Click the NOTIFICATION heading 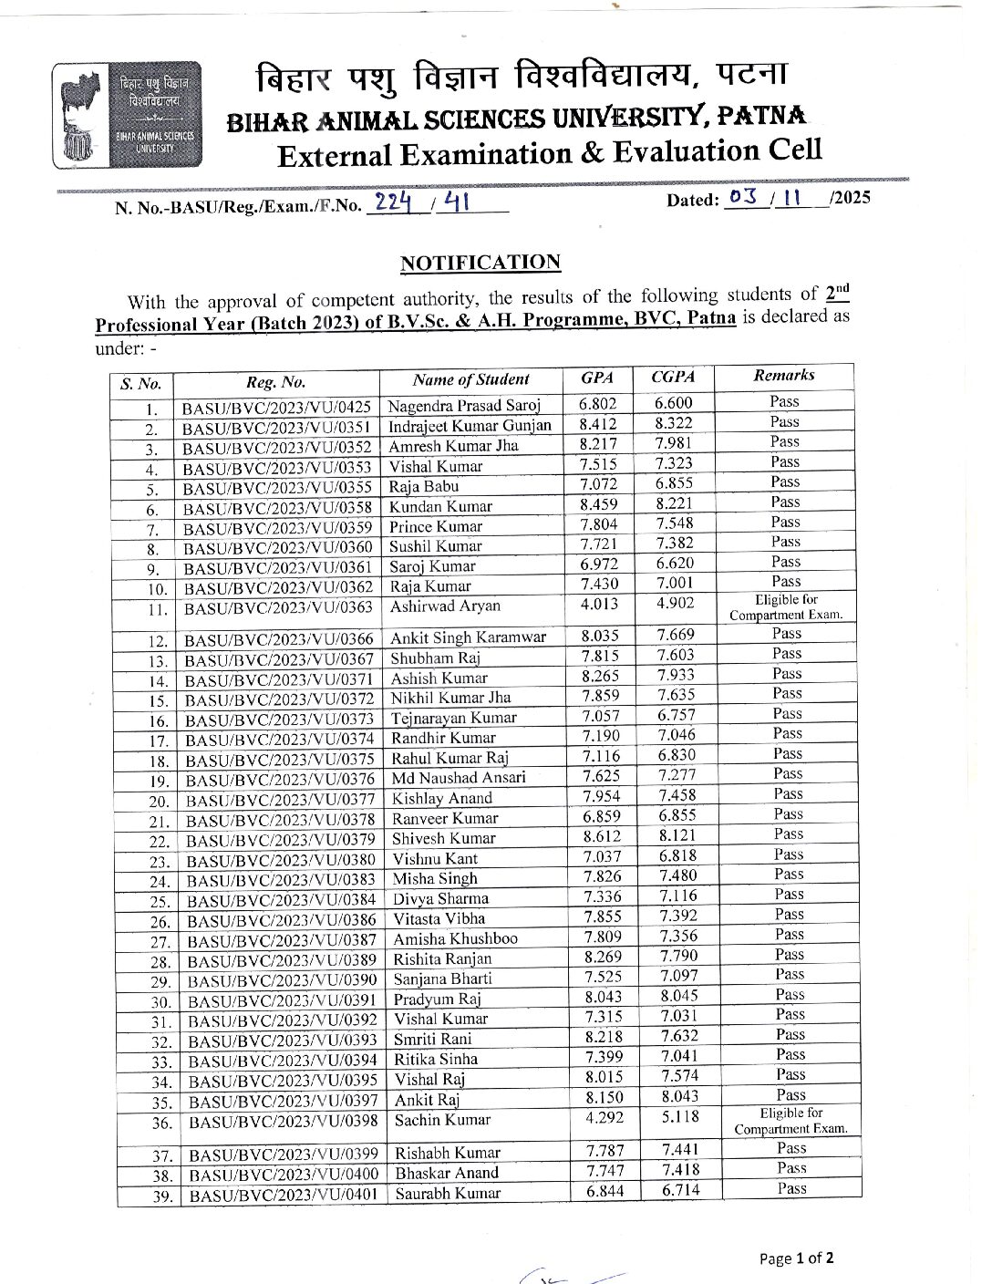tap(480, 263)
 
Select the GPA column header tap(597, 378)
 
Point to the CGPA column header tap(674, 377)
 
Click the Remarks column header tap(784, 375)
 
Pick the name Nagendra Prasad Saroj tap(464, 405)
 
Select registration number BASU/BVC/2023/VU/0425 tap(276, 407)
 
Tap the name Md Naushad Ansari tap(459, 778)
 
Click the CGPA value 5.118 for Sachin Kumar tap(678, 1116)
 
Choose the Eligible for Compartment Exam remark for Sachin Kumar tap(790, 1121)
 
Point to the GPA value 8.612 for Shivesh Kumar tap(602, 835)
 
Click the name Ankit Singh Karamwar tap(469, 637)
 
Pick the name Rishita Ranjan tap(442, 958)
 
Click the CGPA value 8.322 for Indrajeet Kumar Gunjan tap(674, 423)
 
